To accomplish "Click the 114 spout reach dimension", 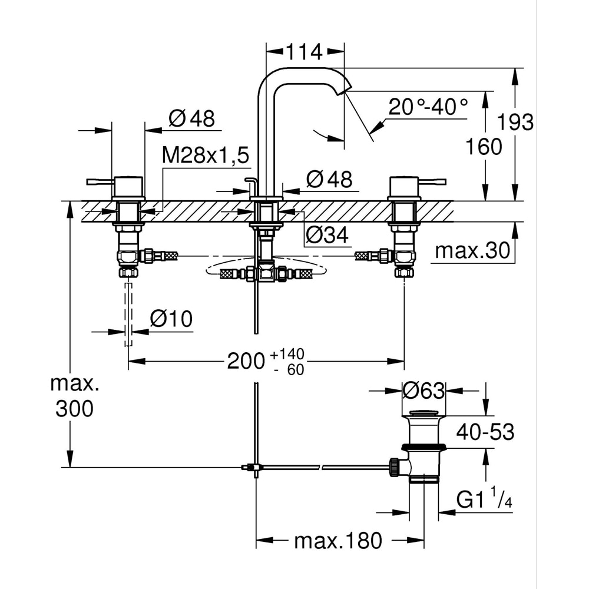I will point(305,52).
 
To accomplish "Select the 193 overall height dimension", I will point(515,123).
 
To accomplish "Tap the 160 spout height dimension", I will point(484,146).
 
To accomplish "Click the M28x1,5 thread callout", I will point(206,155).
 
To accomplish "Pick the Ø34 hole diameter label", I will point(327,236).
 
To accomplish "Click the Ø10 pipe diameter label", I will point(171,319).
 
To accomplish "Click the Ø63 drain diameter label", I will point(423,390).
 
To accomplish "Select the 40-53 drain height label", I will point(485,432).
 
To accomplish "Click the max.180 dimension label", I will point(339,540).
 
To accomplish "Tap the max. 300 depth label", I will point(74,397).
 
